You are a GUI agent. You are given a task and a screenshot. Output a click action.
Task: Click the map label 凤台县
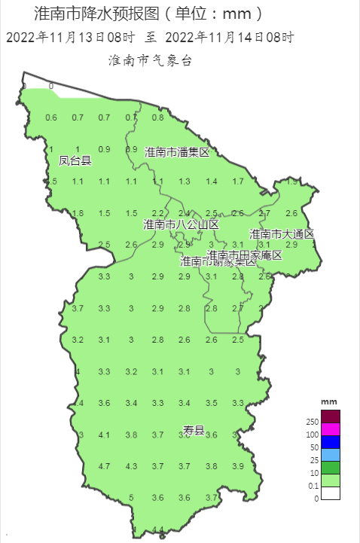click(x=75, y=160)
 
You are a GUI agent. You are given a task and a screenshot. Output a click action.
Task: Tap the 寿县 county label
click(x=194, y=430)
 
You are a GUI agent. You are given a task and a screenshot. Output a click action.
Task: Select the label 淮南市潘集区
click(x=176, y=152)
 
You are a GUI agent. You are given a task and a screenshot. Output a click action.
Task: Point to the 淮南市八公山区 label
click(x=181, y=224)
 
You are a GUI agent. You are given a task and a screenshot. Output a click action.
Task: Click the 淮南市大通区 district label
click(x=282, y=234)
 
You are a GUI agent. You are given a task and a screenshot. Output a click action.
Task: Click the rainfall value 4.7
click(x=104, y=466)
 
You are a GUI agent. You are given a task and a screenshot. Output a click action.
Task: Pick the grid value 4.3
click(x=131, y=466)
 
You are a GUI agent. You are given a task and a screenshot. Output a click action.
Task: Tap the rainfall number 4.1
click(x=104, y=435)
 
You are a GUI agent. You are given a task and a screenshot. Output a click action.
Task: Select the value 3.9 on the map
click(x=238, y=466)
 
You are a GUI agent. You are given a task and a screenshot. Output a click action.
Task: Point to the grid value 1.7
click(x=238, y=182)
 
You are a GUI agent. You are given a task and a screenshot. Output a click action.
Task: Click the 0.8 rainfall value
click(x=157, y=117)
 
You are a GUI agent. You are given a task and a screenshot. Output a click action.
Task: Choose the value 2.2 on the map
click(x=157, y=213)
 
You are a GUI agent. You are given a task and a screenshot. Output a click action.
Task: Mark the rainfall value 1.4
click(x=212, y=182)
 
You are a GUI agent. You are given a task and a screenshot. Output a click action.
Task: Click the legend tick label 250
click(x=313, y=422)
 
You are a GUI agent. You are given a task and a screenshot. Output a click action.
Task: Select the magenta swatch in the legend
click(x=331, y=429)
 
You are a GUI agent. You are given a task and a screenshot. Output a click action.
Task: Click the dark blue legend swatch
click(x=331, y=442)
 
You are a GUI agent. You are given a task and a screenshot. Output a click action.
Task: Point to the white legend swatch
click(x=331, y=493)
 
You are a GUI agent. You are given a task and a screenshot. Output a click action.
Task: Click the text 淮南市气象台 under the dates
click(x=151, y=60)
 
